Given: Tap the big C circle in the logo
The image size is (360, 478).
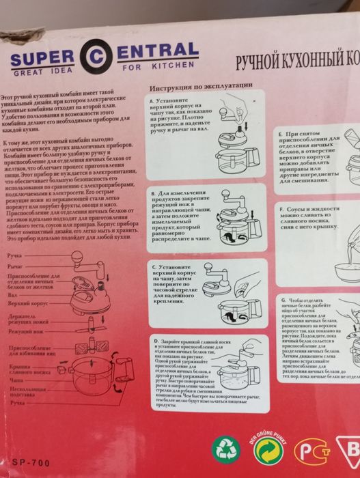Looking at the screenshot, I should coord(96,55).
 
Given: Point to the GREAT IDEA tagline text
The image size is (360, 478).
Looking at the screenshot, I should coord(38,70).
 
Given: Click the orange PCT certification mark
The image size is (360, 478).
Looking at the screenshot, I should coord(311,451).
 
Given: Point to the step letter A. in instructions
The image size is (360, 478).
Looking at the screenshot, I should coord(154,100).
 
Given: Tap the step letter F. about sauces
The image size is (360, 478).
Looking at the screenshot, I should coord(281,208).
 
